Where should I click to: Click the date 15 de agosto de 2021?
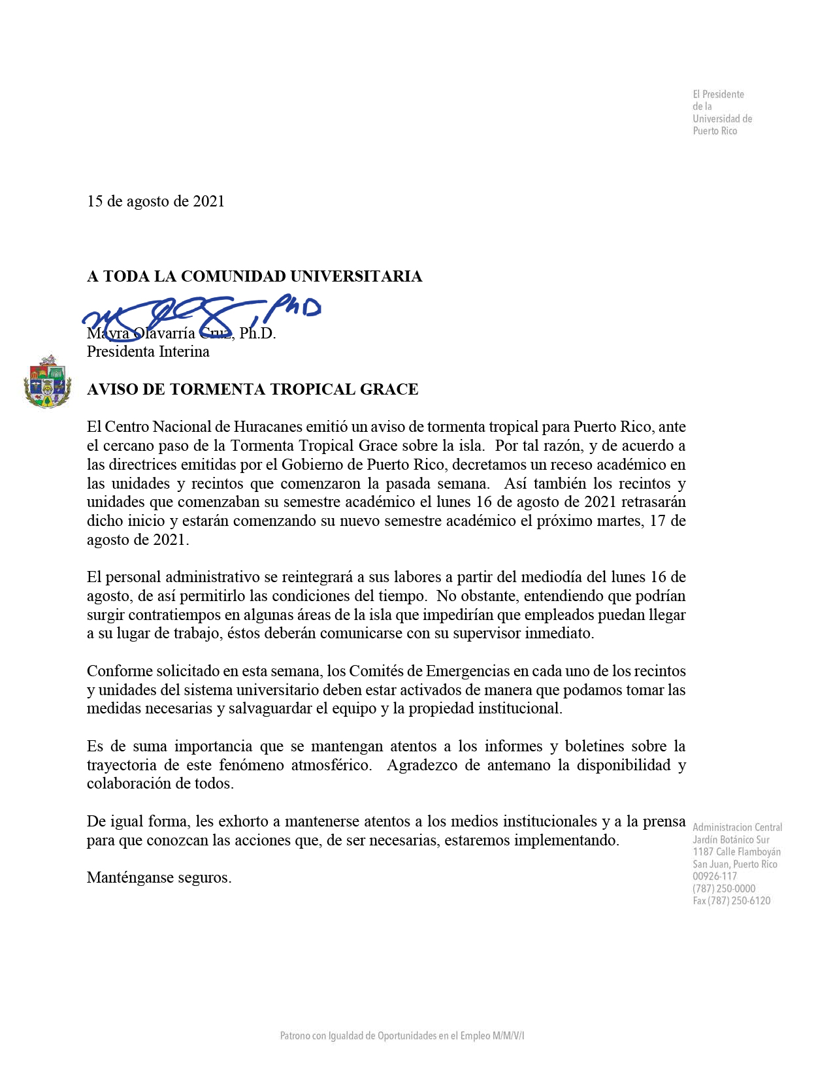155,201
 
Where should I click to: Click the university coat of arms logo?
48,382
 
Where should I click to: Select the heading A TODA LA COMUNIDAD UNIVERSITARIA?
254,276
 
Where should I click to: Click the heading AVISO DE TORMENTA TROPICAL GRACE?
252,389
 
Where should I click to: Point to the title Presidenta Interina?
148,351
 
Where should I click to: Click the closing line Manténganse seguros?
159,877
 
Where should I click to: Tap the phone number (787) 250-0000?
724,889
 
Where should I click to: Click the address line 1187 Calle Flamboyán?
736,852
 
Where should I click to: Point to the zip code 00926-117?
715,877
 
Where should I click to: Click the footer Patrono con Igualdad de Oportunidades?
402,1036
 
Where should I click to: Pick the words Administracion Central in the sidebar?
737,828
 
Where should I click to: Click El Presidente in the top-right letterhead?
718,95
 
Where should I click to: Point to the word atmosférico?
331,765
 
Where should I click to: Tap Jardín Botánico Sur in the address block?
730,840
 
